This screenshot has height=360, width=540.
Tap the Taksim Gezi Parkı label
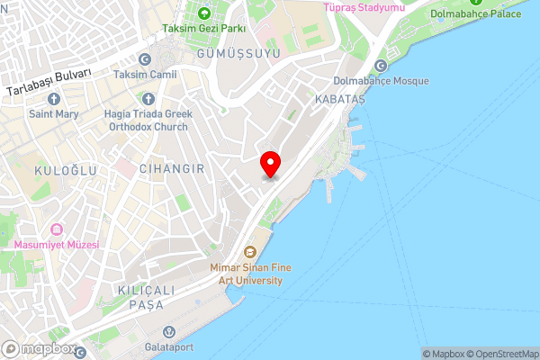click(x=203, y=29)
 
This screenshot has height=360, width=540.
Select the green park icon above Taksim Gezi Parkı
click(x=203, y=13)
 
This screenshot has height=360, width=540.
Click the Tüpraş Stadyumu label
click(x=364, y=7)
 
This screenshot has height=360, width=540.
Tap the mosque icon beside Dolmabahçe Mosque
click(x=380, y=66)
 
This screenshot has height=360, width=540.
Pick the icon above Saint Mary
click(x=53, y=98)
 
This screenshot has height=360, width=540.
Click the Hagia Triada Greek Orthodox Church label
click(x=148, y=121)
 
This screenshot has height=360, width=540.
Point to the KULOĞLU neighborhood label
click(x=57, y=169)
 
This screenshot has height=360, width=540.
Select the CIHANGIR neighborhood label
click(x=173, y=169)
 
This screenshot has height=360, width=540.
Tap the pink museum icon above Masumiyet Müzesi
click(x=58, y=229)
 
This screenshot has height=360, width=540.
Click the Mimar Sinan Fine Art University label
click(x=246, y=274)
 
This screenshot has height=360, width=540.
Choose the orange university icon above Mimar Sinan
click(x=250, y=251)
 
